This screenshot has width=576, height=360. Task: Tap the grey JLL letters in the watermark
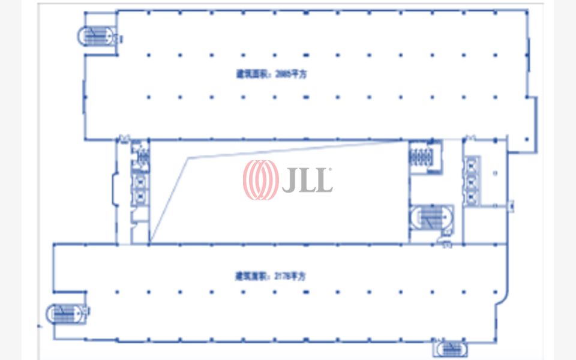coord(307,179)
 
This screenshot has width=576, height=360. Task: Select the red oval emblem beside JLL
coord(260,179)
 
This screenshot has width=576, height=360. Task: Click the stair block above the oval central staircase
coord(424,158)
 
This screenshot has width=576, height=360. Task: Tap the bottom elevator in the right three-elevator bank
coord(472,197)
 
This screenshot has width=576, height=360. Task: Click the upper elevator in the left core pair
coord(140,181)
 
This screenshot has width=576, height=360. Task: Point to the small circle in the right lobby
coord(495,173)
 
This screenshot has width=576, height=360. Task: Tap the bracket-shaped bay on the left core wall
coord(115,187)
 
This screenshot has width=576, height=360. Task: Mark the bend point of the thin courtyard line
coord(189,158)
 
